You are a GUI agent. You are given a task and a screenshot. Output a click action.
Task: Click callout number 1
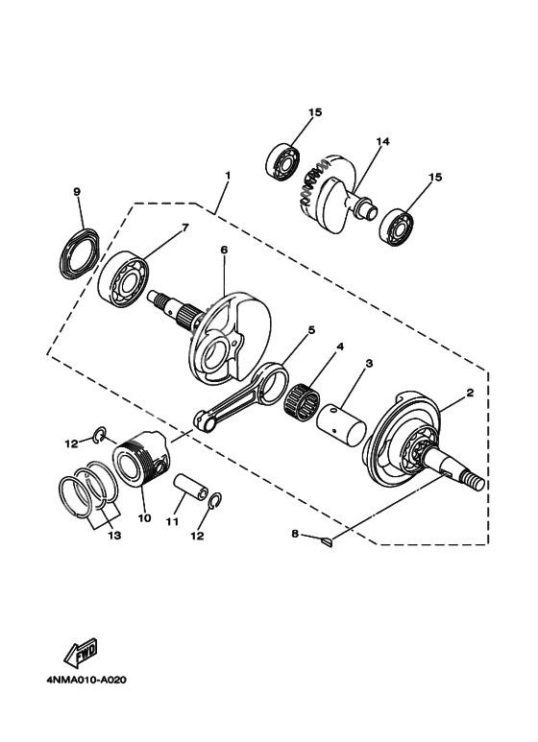pos(228,176)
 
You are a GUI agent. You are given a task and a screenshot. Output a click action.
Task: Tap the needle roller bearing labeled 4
pos(312,394)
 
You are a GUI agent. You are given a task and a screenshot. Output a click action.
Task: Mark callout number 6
pos(223,250)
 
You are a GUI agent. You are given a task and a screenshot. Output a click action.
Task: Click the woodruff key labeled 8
pos(327,544)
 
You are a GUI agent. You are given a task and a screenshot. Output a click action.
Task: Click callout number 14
pos(382,142)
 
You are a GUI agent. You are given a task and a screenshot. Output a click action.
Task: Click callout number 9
pos(76,191)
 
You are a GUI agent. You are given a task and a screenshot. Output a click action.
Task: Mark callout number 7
pos(185,227)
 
